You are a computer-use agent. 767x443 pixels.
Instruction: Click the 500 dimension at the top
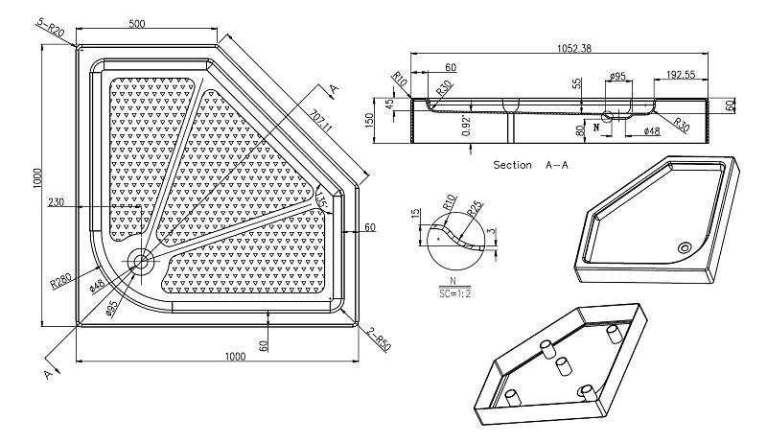tap(137, 23)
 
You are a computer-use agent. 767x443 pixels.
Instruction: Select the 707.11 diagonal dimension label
tap(320, 120)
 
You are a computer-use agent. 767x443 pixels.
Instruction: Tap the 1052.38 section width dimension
tap(574, 48)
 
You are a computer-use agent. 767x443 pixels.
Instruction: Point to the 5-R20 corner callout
tap(51, 28)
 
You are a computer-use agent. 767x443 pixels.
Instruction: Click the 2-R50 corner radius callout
tap(379, 338)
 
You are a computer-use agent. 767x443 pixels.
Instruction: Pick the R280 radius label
tap(60, 281)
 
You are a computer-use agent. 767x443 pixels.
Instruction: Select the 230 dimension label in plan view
tap(56, 202)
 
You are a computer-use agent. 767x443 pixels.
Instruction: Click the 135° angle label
tap(321, 200)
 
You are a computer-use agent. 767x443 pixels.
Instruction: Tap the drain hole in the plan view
tap(141, 261)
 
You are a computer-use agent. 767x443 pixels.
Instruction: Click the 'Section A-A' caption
tap(531, 165)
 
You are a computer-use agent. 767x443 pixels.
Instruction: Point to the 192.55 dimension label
tap(681, 75)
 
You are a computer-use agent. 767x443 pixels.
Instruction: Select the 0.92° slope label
tap(466, 126)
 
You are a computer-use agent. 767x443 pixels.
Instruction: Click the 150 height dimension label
tap(369, 120)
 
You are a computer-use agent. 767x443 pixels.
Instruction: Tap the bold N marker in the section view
tap(595, 128)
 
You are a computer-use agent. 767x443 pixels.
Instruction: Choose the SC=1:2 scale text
tap(454, 293)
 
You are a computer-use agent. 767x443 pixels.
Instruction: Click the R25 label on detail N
tap(474, 208)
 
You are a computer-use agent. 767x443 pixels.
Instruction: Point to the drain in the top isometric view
tap(685, 247)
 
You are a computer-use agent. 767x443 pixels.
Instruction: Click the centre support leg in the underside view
tap(563, 366)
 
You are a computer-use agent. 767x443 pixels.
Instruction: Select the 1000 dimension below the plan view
tap(235, 356)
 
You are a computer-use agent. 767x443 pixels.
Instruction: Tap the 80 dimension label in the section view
tap(580, 131)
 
